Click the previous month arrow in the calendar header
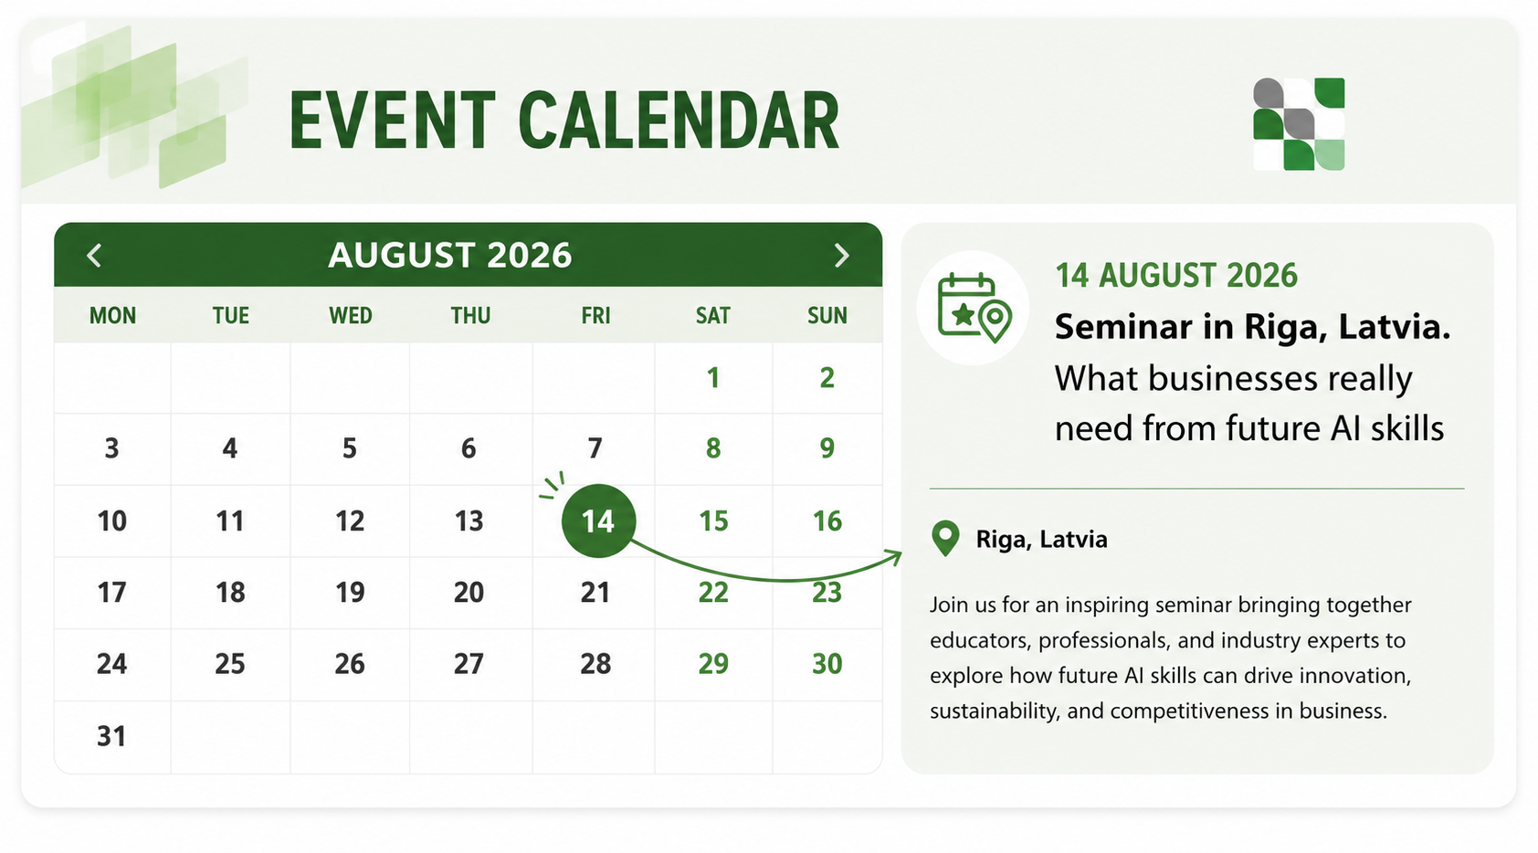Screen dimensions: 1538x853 coord(95,256)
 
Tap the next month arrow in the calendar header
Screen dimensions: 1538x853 coord(841,256)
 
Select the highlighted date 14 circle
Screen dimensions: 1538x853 coord(598,521)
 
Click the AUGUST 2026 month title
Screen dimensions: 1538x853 coord(449,255)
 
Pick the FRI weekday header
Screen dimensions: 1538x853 coord(595,315)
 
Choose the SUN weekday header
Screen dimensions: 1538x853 coord(827,315)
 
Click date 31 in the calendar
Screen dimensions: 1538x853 coord(111,736)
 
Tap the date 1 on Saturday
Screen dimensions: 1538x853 coord(713,378)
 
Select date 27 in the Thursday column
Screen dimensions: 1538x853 coord(469,663)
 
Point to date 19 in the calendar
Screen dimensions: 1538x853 coord(350,592)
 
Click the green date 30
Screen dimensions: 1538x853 coord(827,663)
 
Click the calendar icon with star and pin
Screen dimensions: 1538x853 coord(974,308)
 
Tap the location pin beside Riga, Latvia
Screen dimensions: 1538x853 coord(944,538)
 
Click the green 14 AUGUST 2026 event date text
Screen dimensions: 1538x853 coord(1176,276)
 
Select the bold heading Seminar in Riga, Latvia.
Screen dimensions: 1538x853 coord(1252,326)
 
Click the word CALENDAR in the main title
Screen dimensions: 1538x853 coord(679,121)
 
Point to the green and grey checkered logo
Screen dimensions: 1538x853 coord(1299,123)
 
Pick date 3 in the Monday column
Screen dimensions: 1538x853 coord(111,448)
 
